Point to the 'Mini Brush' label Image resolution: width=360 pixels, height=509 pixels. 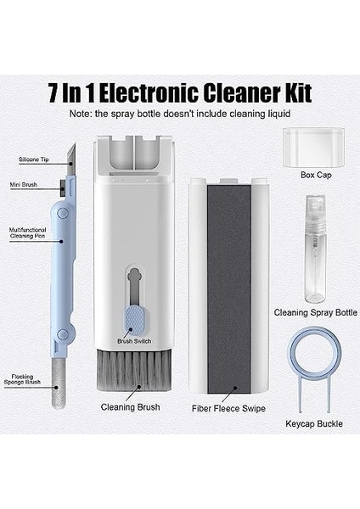[x=28, y=182]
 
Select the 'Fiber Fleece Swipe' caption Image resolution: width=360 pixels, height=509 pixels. [x=228, y=408]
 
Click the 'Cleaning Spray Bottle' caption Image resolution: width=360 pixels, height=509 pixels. [x=315, y=312]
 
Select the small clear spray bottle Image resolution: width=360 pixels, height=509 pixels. [x=314, y=255]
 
